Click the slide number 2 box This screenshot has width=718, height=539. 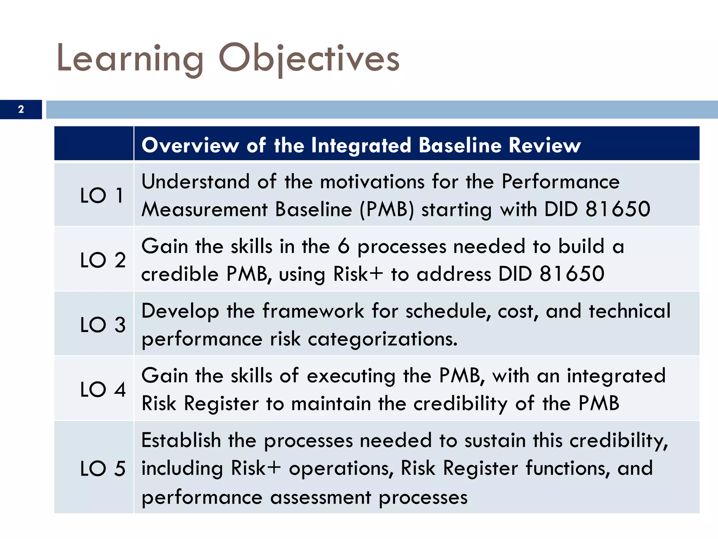point(21,109)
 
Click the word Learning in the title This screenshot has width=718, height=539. point(130,58)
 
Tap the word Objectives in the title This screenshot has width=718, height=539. point(309,58)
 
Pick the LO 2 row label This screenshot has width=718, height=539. point(102,260)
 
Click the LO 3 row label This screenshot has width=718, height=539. point(102,325)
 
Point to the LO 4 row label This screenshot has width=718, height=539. point(102,389)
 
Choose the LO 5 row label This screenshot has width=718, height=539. point(102,468)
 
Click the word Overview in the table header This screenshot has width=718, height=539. point(190,145)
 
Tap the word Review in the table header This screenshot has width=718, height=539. point(544,145)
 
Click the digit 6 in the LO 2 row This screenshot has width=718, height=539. point(344,246)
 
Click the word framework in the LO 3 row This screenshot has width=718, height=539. point(313,311)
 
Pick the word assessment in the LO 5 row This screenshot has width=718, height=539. point(320,497)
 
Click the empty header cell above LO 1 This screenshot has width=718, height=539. point(94,144)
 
